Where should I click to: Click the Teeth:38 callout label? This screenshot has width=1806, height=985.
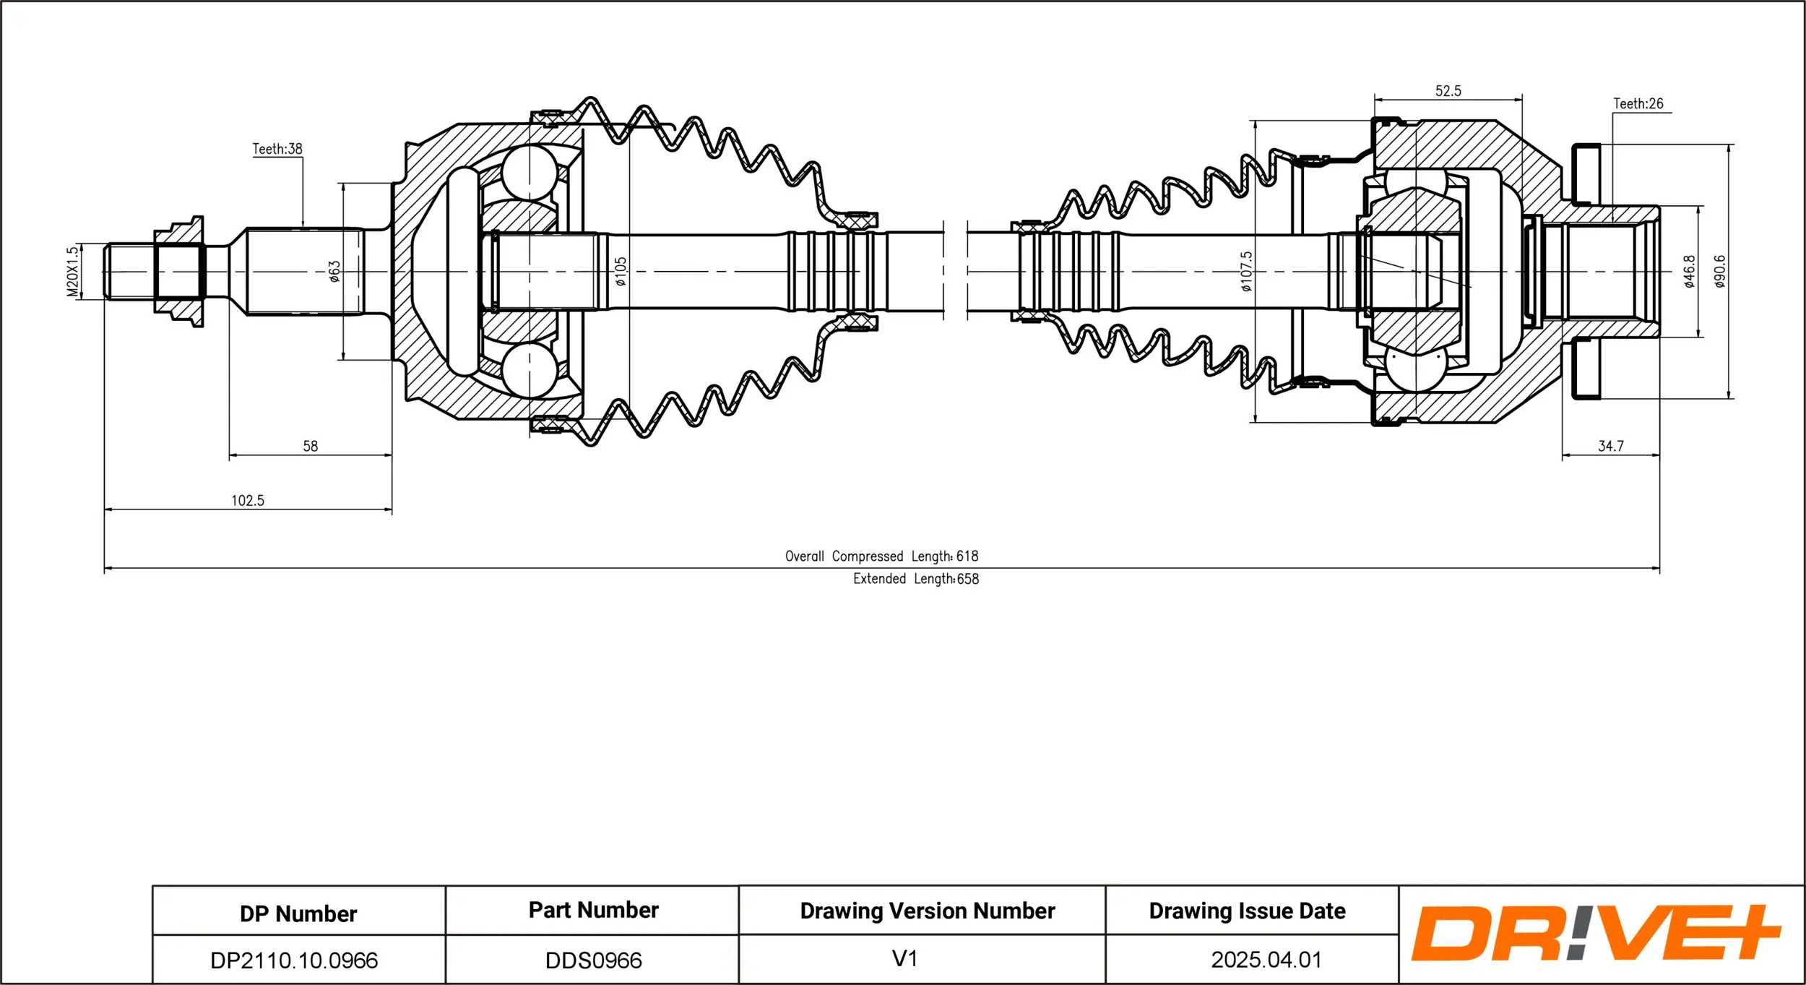click(x=277, y=149)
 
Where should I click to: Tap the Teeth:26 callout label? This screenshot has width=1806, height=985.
click(x=1638, y=104)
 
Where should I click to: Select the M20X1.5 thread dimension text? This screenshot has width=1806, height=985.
click(x=72, y=272)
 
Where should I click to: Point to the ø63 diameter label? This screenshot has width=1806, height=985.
click(x=334, y=272)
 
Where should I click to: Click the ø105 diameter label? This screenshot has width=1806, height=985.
click(x=621, y=272)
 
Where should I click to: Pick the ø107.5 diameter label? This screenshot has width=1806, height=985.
click(x=1246, y=272)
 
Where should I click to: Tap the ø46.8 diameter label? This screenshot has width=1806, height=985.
click(x=1689, y=272)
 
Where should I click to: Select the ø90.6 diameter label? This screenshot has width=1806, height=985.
click(x=1720, y=272)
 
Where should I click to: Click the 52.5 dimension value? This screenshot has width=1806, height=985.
click(x=1448, y=91)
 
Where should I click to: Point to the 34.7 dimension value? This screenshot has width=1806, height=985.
click(x=1610, y=447)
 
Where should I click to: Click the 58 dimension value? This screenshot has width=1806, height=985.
click(x=310, y=447)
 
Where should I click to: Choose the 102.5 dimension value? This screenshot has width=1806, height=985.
click(x=248, y=501)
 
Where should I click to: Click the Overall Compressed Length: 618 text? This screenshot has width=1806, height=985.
click(x=881, y=556)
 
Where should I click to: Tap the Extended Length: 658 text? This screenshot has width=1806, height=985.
click(x=915, y=579)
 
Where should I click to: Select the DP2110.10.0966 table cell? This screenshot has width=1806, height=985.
click(x=294, y=960)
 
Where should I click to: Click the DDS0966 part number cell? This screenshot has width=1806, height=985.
click(x=593, y=960)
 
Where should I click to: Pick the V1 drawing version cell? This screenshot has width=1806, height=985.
click(x=904, y=959)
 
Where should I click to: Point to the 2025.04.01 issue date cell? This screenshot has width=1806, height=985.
click(x=1266, y=960)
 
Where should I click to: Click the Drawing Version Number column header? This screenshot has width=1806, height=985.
click(x=927, y=911)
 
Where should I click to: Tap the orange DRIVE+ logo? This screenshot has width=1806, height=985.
click(x=1595, y=933)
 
